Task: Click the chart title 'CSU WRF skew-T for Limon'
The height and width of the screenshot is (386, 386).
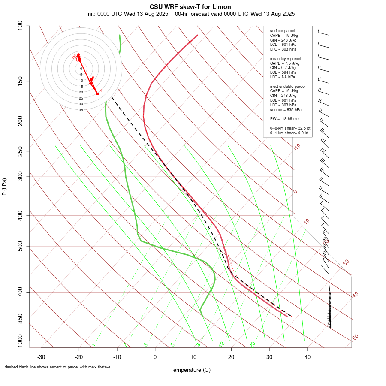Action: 190,7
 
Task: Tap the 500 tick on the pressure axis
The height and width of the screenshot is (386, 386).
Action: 20,246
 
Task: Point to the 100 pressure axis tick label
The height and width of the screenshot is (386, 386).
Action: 20,26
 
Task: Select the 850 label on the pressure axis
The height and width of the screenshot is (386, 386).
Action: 20,319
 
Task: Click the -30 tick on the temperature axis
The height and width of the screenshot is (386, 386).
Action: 41,357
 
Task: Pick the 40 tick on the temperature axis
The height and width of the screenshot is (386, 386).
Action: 307,357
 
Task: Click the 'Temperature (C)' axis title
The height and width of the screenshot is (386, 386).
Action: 190,370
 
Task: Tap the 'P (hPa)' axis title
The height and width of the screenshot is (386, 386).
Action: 4,187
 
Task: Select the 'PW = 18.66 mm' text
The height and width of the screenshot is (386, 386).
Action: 285,118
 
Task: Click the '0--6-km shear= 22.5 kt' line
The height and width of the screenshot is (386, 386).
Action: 290,128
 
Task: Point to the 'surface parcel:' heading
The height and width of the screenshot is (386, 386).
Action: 283,31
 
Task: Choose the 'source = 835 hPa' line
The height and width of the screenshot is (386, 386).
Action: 285,109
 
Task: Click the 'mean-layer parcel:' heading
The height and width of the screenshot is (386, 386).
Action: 286,58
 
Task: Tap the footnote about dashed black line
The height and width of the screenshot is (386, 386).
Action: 57,367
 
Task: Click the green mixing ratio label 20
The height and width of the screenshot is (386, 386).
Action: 252,344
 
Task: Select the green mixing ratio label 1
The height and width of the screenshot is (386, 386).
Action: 93,345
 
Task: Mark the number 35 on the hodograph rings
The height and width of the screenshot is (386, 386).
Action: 81,110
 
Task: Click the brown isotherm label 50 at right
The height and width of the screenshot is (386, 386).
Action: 355,338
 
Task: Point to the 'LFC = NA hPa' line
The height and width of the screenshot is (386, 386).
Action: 283,77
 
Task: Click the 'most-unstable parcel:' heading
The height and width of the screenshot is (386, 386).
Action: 288,86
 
